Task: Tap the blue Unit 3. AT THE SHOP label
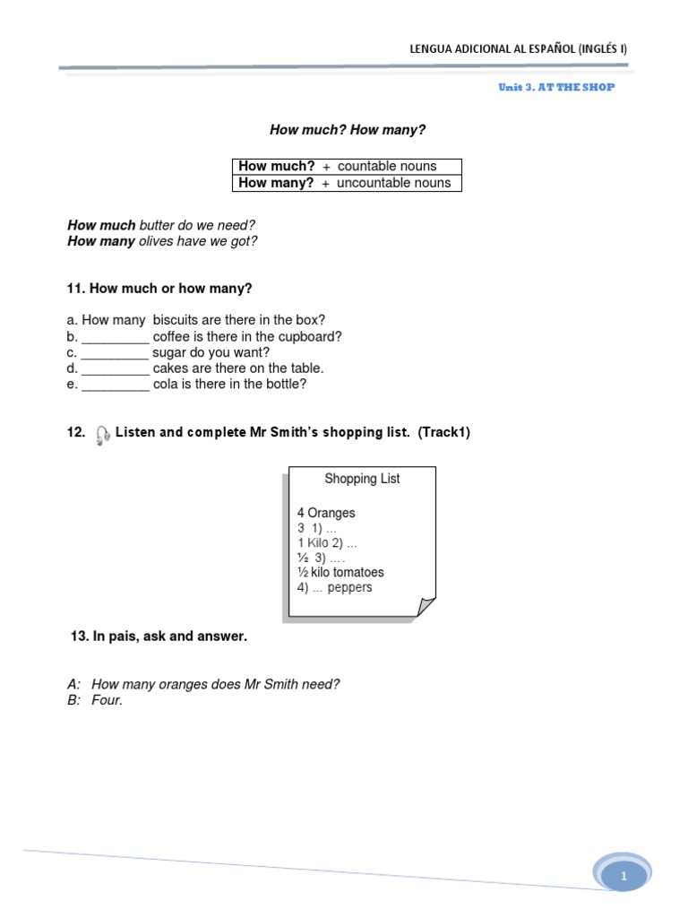[556, 88]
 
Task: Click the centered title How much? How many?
[348, 131]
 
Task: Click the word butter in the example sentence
[158, 225]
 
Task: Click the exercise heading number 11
[74, 289]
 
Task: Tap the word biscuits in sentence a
[176, 321]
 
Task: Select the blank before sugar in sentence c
[114, 353]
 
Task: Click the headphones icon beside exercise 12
[102, 435]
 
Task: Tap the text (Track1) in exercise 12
[443, 433]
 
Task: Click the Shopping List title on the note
[362, 480]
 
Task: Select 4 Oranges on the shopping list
[326, 514]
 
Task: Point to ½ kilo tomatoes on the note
[340, 573]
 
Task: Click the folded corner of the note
[426, 608]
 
